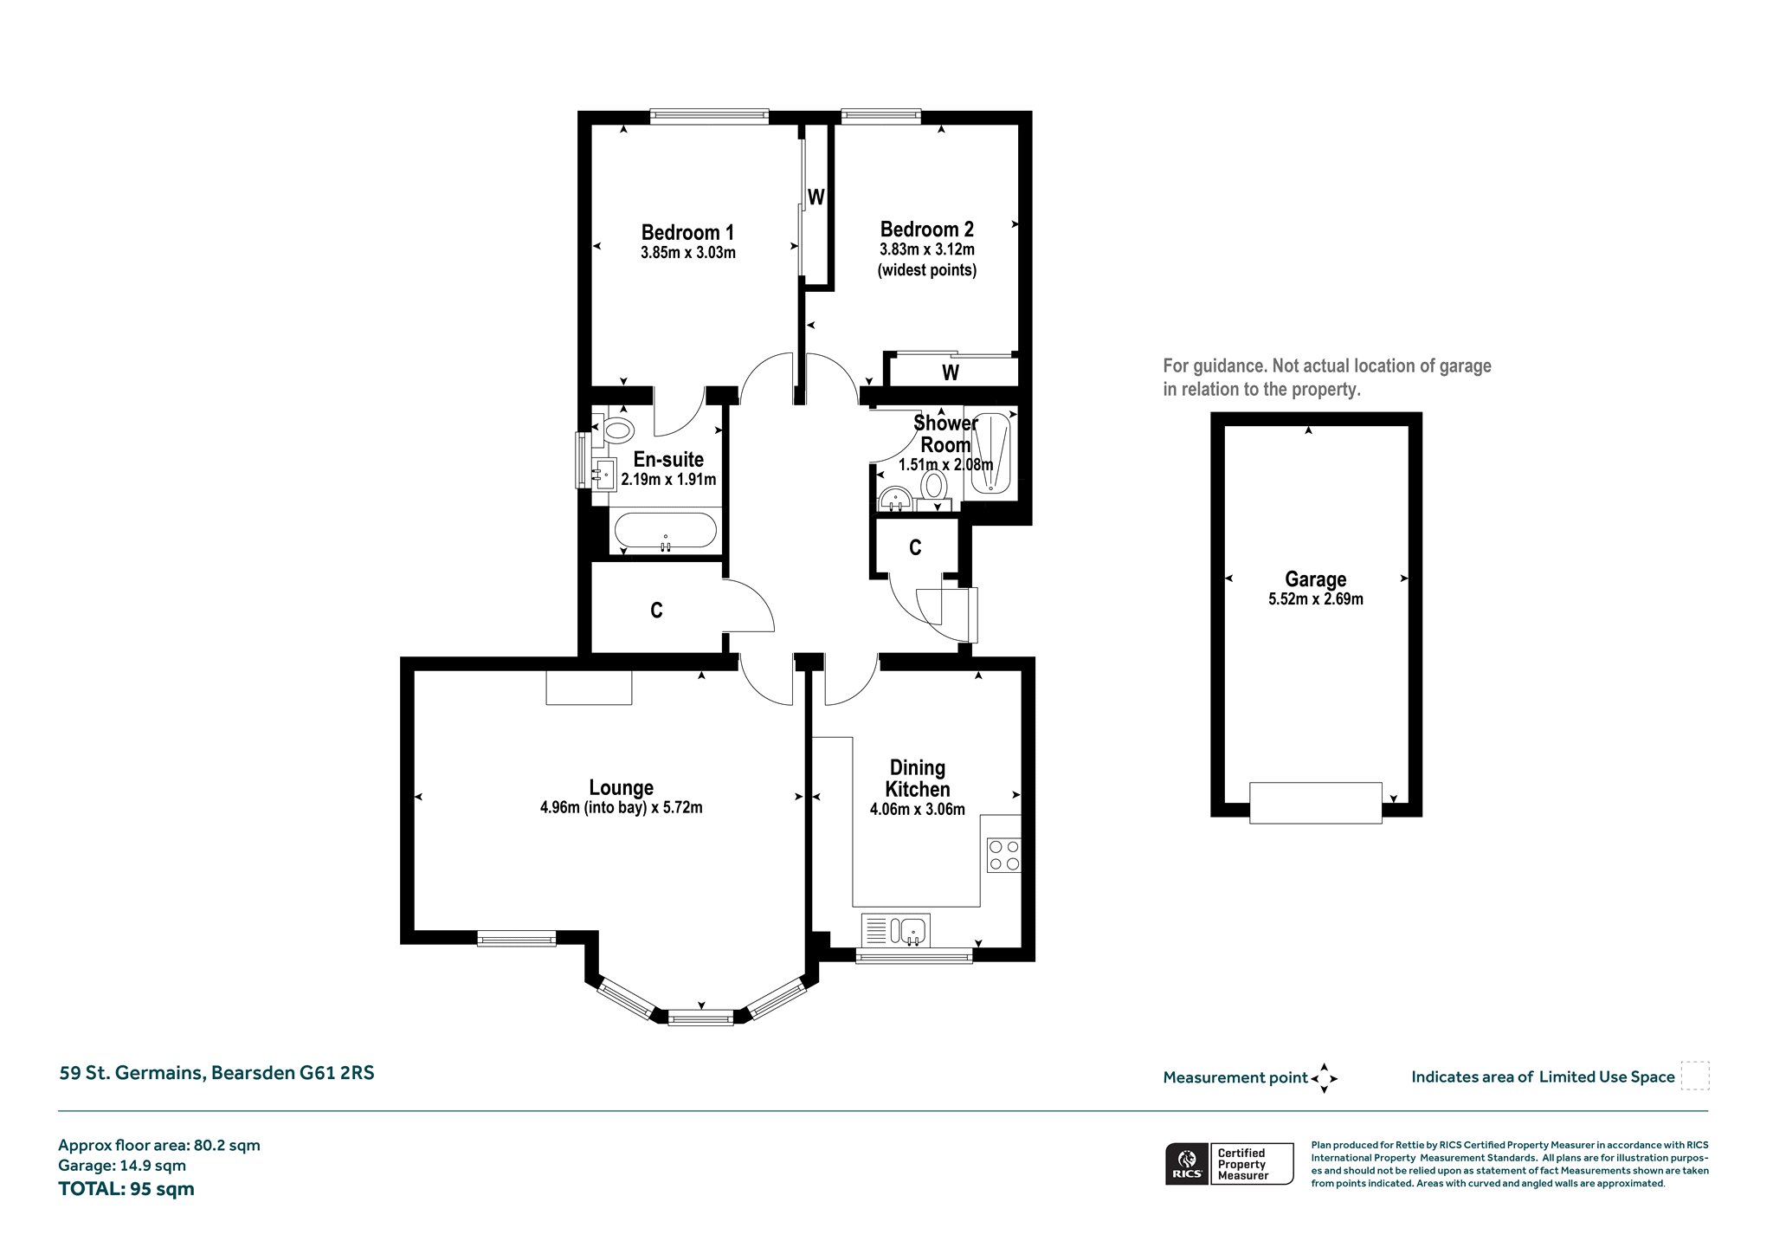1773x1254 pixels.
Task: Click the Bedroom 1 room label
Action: point(687,232)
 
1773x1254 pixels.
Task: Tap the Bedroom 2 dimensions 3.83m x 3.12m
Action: point(927,249)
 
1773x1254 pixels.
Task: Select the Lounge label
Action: point(621,788)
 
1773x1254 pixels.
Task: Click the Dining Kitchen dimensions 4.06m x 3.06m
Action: point(918,810)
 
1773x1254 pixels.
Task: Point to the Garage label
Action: point(1315,579)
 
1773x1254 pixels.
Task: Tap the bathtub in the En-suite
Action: point(664,532)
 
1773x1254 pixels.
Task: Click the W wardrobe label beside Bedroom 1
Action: point(816,197)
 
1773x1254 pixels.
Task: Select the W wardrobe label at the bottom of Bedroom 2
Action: point(951,373)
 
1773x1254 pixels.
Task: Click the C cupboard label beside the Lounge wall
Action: point(656,611)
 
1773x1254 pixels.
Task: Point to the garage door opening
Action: point(1315,803)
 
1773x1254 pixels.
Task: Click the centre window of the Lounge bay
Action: point(701,1019)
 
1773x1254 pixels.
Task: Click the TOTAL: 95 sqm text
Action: point(126,1188)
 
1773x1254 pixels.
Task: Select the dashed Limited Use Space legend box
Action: point(1695,1076)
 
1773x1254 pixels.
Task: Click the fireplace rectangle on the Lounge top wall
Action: point(589,687)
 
